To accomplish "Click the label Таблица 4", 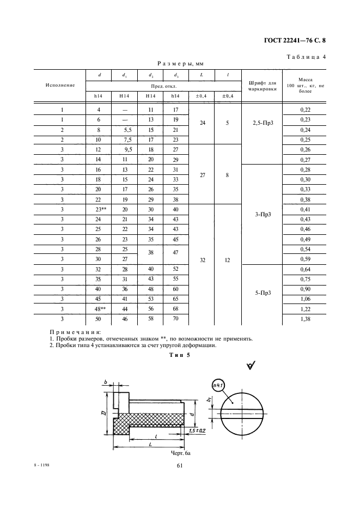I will (x=306, y=57).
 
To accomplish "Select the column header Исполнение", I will (x=60, y=85).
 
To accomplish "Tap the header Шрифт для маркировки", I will (x=263, y=85).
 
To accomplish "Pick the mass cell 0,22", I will (x=305, y=110).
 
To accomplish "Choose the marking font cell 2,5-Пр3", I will (x=263, y=124).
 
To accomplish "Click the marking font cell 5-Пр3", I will (x=263, y=294).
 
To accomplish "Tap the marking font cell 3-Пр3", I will (x=263, y=214).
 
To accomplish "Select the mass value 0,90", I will (x=305, y=289).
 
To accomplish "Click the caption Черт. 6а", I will (x=180, y=452).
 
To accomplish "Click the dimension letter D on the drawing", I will (x=103, y=416).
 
